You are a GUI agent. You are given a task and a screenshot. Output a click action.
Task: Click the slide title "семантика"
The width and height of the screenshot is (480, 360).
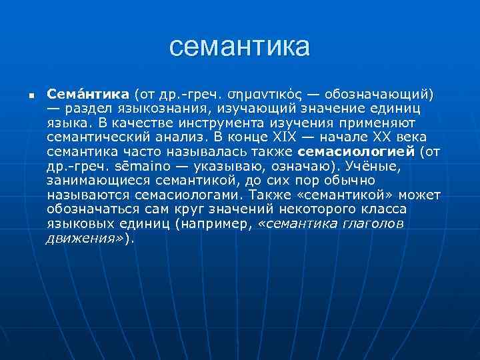(240, 47)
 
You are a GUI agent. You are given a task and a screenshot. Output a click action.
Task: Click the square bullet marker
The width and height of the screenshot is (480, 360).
(22, 95)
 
